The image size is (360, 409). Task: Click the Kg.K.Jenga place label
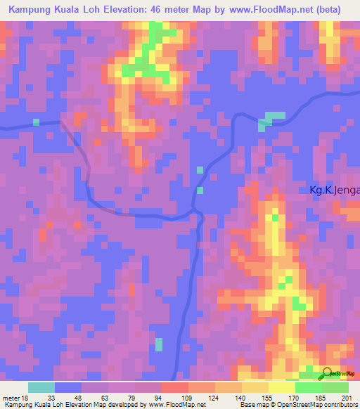(x=335, y=190)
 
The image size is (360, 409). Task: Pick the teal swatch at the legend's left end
(x=41, y=387)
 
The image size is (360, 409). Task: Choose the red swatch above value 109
(x=175, y=387)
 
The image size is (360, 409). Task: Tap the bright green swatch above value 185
(x=309, y=387)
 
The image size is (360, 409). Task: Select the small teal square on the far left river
(x=36, y=122)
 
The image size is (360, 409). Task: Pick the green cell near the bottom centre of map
(x=158, y=344)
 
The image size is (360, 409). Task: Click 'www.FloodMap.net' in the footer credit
(x=174, y=405)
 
